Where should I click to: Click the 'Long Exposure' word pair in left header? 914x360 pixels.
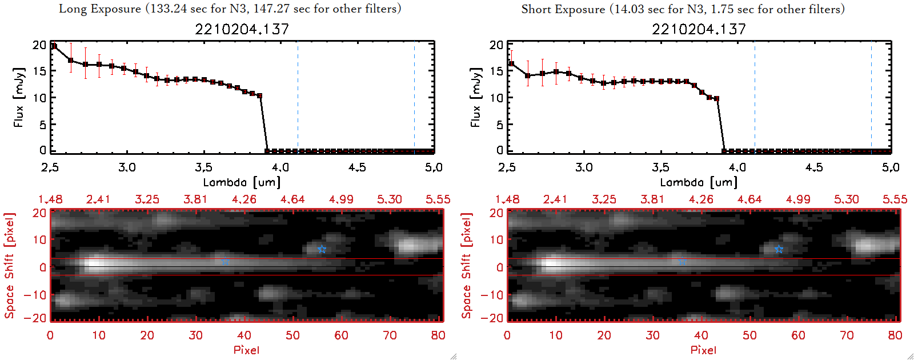click(99, 9)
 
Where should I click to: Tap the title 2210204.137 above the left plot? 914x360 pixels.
click(242, 29)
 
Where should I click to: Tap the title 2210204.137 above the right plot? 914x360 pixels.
click(699, 29)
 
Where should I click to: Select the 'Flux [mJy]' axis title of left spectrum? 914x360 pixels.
click(19, 97)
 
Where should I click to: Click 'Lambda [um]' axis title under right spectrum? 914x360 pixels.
click(699, 183)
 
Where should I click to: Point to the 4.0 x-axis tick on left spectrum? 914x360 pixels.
click(280, 167)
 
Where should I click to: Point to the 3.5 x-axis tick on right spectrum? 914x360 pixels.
click(660, 167)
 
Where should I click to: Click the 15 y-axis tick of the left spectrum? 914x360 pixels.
click(39, 71)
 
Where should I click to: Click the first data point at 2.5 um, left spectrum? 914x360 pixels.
click(54, 46)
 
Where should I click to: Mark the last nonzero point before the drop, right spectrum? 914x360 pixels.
click(716, 99)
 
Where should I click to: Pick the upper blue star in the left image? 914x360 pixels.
click(322, 249)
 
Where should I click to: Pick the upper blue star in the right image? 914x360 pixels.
click(779, 249)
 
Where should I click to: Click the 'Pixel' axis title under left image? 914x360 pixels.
click(246, 350)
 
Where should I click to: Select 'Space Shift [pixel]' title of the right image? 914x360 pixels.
click(467, 266)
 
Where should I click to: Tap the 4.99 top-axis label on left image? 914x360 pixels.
click(341, 199)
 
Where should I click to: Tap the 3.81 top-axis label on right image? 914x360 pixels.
click(652, 199)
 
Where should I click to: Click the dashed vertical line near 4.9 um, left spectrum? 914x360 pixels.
click(414, 97)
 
